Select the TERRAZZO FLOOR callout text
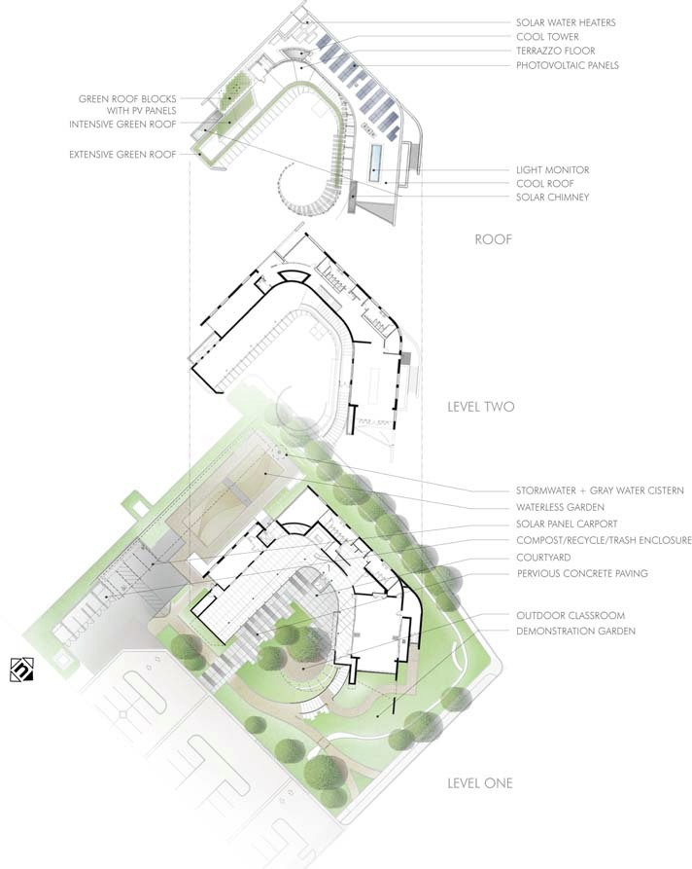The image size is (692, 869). click(554, 51)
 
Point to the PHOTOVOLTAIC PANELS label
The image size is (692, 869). click(567, 65)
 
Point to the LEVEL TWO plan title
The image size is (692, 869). click(480, 406)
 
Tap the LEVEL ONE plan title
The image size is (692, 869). click(480, 782)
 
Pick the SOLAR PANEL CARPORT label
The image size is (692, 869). click(566, 525)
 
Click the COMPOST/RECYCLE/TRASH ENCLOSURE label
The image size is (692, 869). click(603, 540)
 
